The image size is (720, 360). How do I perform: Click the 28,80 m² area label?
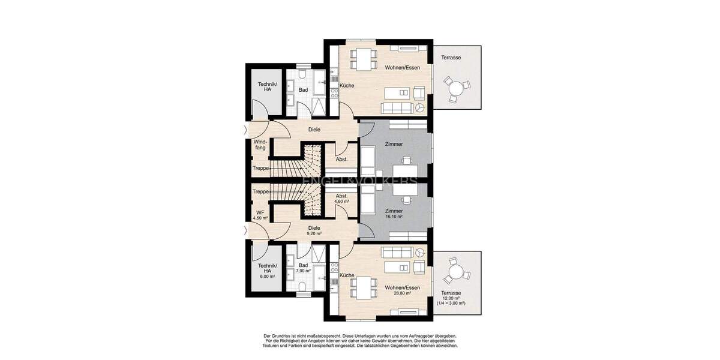tap(402, 293)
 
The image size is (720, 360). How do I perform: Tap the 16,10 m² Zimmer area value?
tap(394, 217)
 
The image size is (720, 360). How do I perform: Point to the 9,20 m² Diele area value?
tap(314, 233)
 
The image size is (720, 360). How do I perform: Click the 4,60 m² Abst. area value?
tap(342, 202)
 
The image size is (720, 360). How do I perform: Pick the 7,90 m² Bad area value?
tap(304, 271)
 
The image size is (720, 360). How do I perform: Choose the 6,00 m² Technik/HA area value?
tap(267, 277)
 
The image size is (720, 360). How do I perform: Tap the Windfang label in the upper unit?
tap(260, 145)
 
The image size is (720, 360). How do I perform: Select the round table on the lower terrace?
tap(457, 273)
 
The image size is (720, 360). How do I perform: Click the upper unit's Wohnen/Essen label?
tap(402, 68)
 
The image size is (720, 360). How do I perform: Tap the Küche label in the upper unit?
tap(347, 86)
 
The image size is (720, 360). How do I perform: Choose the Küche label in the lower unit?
tap(347, 275)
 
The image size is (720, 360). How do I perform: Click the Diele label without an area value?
tap(314, 129)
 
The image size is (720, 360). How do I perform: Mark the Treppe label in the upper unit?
tap(260, 169)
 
